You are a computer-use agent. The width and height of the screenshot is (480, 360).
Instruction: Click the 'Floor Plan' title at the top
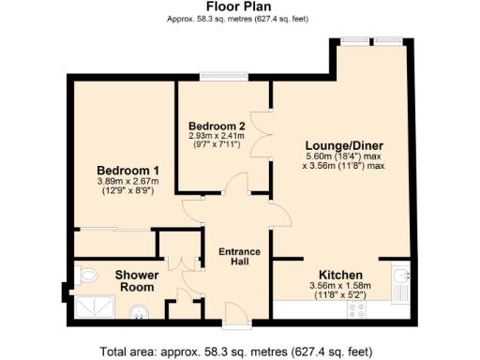239,7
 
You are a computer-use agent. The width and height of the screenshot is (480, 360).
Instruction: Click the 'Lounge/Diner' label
343,145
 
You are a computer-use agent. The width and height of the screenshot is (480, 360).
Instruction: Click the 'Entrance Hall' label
239,257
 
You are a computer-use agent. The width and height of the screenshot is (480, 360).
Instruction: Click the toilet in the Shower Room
87,276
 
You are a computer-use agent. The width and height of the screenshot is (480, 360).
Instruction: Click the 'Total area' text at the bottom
239,352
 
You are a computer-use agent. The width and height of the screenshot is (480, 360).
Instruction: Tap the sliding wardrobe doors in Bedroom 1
114,229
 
